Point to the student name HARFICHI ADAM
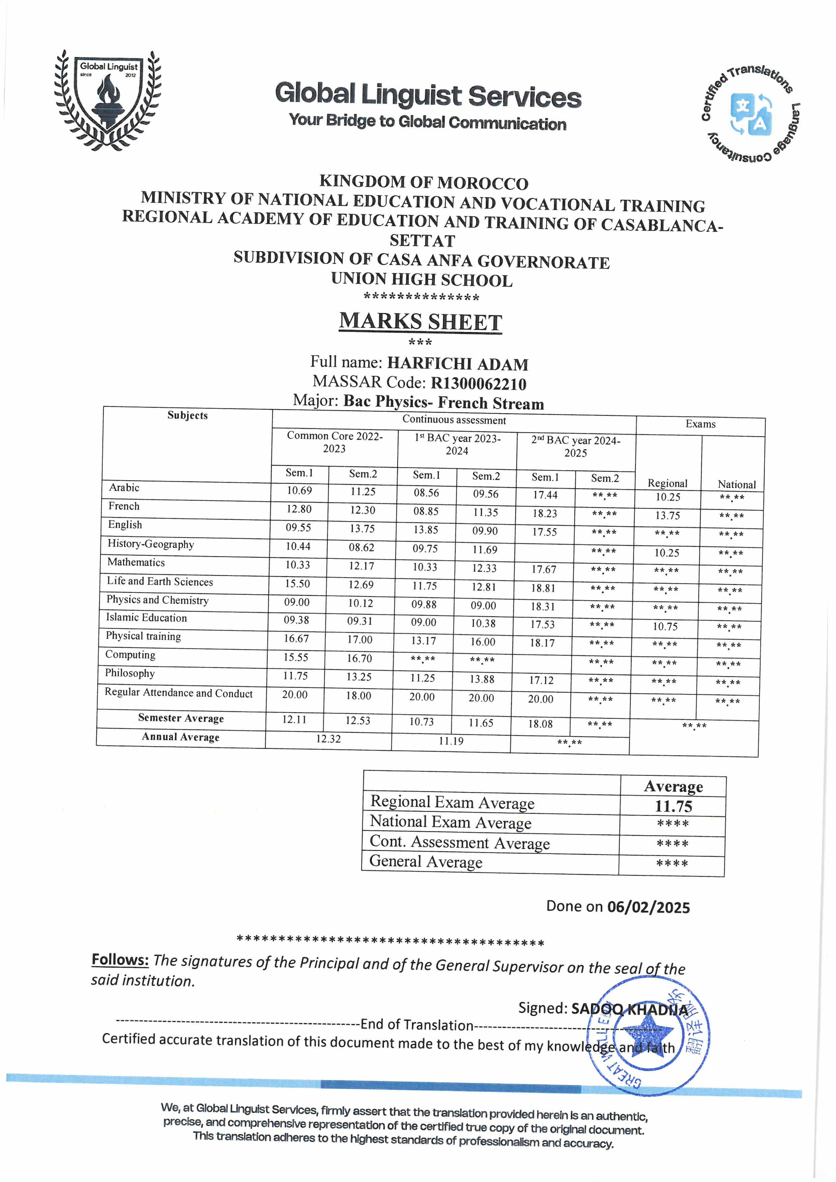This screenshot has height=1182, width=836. coord(458,364)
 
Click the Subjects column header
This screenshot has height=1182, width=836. coord(187,416)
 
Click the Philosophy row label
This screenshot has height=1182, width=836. coord(130,673)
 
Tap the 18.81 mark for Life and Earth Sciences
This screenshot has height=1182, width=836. coord(543,588)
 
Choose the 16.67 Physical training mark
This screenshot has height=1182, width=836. coord(297,639)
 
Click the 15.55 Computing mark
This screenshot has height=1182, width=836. coord(296,658)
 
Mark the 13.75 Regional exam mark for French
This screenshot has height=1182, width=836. coord(668,515)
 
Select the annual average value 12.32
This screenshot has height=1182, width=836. coord(328,739)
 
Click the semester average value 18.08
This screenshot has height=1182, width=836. coord(540,724)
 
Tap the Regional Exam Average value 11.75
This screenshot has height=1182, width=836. coord(673,807)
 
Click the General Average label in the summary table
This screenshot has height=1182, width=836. coord(426,861)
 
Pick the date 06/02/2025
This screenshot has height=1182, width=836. coord(648,907)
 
